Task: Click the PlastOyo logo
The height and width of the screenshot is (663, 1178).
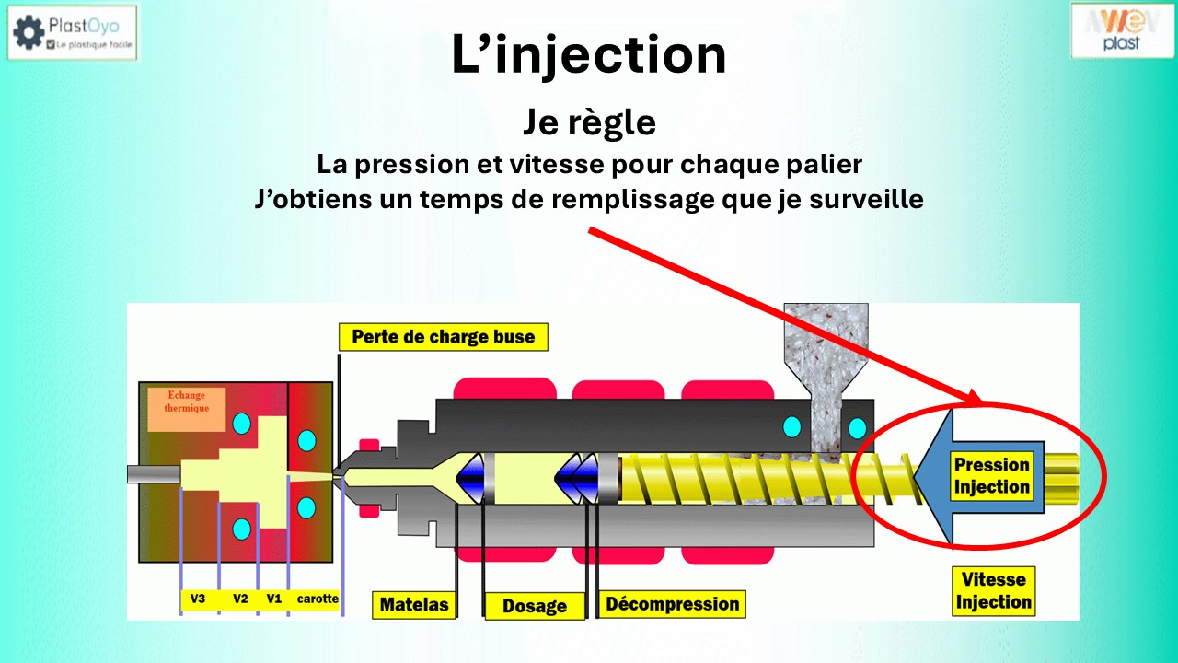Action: click(73, 32)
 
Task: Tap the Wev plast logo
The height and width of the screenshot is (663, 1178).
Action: click(1122, 30)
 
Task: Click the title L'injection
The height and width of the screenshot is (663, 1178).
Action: click(589, 55)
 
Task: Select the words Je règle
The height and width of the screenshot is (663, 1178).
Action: click(589, 122)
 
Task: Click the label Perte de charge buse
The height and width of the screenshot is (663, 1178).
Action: click(443, 337)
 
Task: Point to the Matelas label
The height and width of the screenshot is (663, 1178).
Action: click(415, 604)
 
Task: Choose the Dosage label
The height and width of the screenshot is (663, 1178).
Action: click(535, 606)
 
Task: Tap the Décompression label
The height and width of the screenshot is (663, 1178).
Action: click(672, 604)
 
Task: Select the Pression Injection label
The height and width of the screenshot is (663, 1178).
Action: click(991, 476)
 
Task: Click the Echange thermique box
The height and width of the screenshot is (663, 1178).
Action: click(187, 408)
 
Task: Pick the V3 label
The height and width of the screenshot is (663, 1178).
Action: click(198, 599)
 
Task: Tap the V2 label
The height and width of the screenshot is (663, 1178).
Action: click(240, 599)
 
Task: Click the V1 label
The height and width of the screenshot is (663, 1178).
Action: click(273, 599)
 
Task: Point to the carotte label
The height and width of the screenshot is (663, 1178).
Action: click(318, 599)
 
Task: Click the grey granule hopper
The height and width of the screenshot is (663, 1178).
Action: click(824, 350)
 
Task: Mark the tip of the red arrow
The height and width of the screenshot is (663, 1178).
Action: click(981, 402)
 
